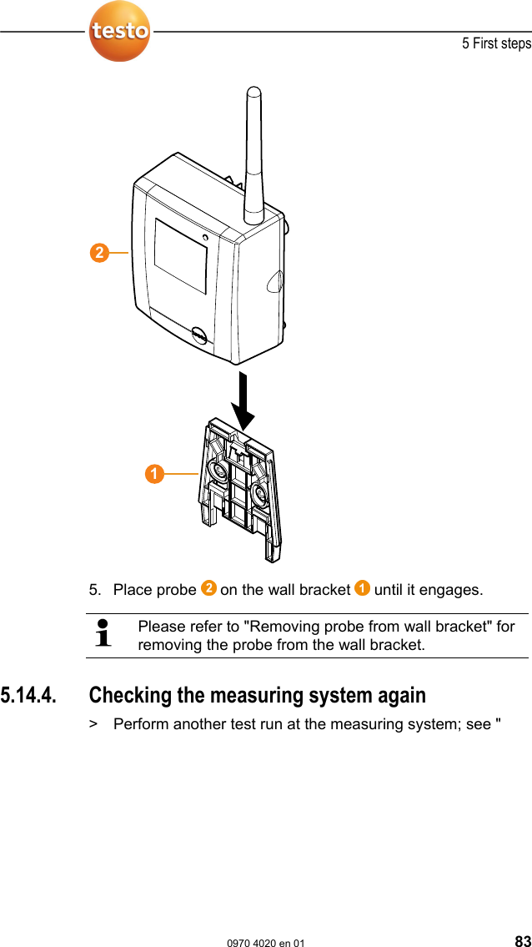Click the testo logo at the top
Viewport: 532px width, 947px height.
[120, 32]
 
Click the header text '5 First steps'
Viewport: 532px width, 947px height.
[496, 43]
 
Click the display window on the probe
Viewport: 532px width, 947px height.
[181, 255]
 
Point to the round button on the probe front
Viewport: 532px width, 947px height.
[200, 335]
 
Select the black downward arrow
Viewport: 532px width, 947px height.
[244, 401]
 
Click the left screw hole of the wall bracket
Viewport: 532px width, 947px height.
[219, 472]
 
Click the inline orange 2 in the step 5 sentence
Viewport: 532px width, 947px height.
[208, 589]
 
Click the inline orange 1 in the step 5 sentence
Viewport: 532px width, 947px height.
[363, 589]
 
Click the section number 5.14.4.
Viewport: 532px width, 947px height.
[30, 695]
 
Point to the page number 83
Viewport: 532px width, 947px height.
[522, 941]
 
